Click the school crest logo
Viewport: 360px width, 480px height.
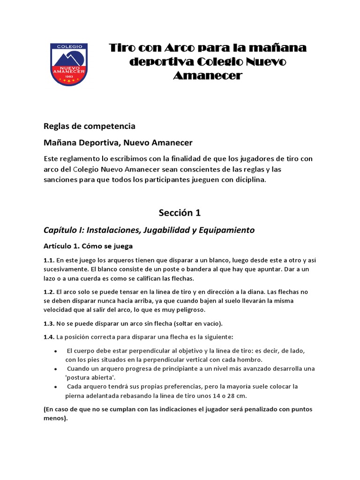(x=68, y=64)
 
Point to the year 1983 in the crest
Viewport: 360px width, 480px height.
(x=68, y=76)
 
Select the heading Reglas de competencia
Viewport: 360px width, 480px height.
(x=89, y=126)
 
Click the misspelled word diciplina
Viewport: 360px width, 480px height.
(x=248, y=180)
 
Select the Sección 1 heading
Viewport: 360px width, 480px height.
(x=180, y=213)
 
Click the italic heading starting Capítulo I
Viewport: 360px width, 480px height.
(x=149, y=230)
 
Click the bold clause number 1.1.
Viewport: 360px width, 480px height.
(x=49, y=260)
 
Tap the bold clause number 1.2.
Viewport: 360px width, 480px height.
(x=49, y=292)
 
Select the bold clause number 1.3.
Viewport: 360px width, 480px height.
(x=49, y=324)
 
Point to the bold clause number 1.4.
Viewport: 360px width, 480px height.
(x=49, y=337)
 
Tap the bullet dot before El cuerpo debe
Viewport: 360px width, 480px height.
(x=56, y=351)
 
